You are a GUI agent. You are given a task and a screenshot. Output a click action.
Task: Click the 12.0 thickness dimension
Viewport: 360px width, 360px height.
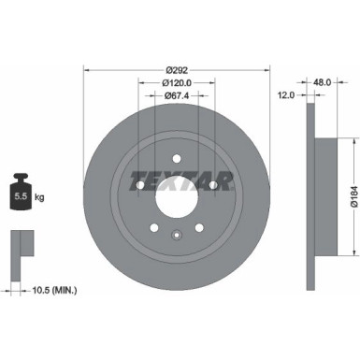(x=287, y=94)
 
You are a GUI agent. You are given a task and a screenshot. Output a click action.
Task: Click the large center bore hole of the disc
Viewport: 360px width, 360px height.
(x=176, y=198)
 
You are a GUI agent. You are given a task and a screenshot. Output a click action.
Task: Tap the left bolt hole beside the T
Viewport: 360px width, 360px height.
(x=139, y=186)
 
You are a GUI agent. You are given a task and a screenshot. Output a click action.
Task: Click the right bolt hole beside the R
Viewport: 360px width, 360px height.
(x=213, y=186)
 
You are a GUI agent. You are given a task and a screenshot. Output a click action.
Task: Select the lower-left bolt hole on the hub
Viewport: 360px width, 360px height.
(x=153, y=230)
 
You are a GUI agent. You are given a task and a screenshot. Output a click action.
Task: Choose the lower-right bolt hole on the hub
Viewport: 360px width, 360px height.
(x=199, y=230)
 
